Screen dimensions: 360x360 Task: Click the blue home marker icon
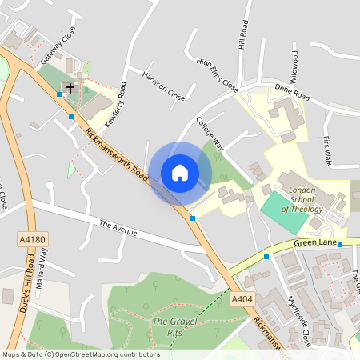180,173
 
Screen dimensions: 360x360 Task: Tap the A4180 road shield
26,238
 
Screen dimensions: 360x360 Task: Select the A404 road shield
242,298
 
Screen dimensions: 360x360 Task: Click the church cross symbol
70,88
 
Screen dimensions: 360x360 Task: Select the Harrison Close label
163,86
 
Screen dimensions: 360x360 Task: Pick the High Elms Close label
217,74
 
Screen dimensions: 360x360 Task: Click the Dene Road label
292,94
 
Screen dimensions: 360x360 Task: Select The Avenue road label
118,229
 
